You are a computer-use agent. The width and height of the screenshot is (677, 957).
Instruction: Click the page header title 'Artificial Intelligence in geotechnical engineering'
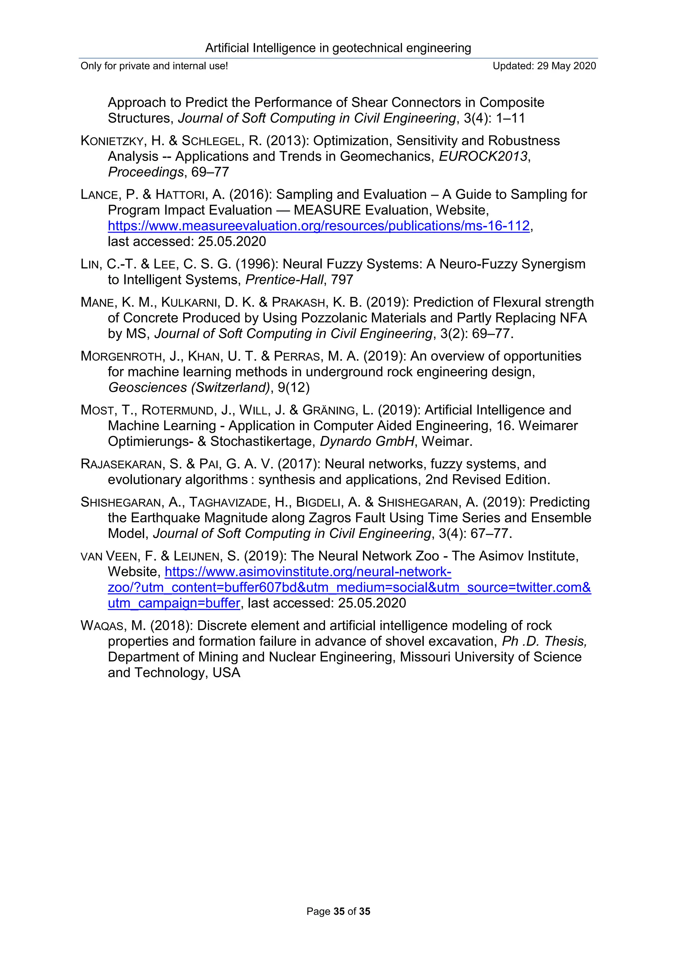(338, 48)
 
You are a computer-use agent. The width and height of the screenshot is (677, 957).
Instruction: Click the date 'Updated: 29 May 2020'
(544, 66)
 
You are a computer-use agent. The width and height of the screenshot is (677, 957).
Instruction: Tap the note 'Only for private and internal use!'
(154, 66)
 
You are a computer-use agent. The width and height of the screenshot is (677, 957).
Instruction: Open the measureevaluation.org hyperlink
(318, 226)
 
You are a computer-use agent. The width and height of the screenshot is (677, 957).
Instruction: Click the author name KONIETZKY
(112, 141)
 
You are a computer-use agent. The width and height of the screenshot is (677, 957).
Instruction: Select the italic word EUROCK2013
(483, 156)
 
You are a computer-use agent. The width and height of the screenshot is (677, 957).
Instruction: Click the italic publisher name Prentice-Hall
(284, 280)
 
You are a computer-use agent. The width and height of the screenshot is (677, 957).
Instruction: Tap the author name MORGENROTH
(121, 356)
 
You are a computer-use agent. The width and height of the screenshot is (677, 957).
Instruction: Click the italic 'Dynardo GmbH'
(367, 441)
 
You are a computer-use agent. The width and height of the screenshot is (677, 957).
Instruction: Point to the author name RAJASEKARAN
(121, 464)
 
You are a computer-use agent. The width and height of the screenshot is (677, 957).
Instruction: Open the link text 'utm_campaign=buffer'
(174, 603)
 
